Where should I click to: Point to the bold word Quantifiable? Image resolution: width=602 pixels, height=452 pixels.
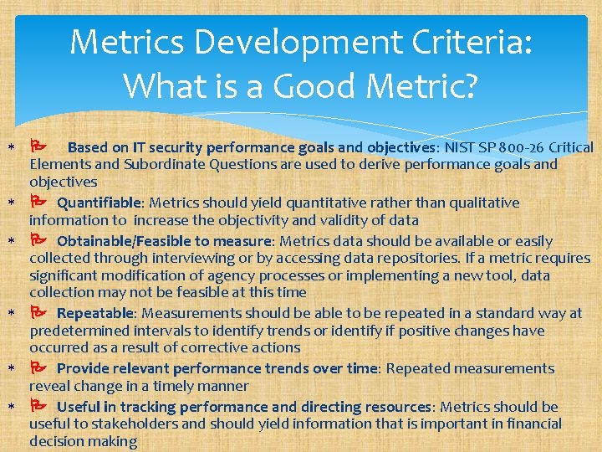point(99,203)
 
